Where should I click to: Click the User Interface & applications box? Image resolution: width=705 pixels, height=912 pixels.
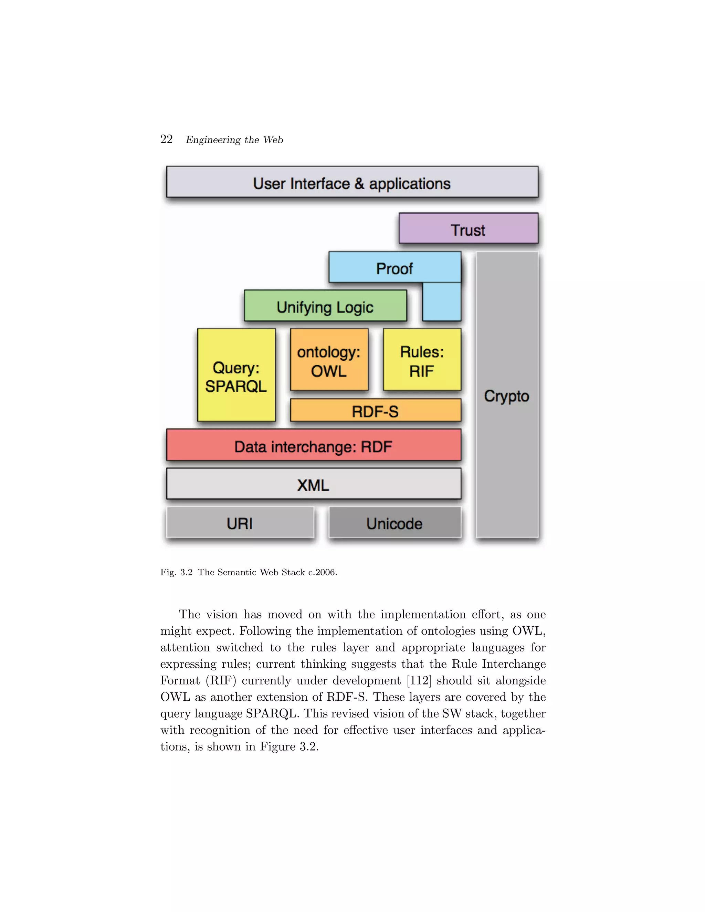352,182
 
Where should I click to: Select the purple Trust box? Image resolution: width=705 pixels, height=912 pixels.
468,229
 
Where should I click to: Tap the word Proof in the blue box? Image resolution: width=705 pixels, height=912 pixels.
394,268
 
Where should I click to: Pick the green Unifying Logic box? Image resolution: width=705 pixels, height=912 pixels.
325,306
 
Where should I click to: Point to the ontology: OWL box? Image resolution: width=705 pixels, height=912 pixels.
329,360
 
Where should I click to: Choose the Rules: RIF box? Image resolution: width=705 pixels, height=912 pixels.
422,360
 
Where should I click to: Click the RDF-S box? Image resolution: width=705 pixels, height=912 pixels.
375,411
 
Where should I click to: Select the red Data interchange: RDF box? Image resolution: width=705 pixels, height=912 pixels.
313,446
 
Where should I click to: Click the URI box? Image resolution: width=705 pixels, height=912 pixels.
240,523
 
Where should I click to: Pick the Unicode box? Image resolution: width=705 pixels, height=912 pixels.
395,523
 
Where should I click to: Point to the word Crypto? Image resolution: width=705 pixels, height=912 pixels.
507,395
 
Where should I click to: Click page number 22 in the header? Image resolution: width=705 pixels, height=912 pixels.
166,139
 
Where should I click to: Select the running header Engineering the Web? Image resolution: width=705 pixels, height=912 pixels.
234,140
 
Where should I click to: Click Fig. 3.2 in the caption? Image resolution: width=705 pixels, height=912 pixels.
176,572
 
